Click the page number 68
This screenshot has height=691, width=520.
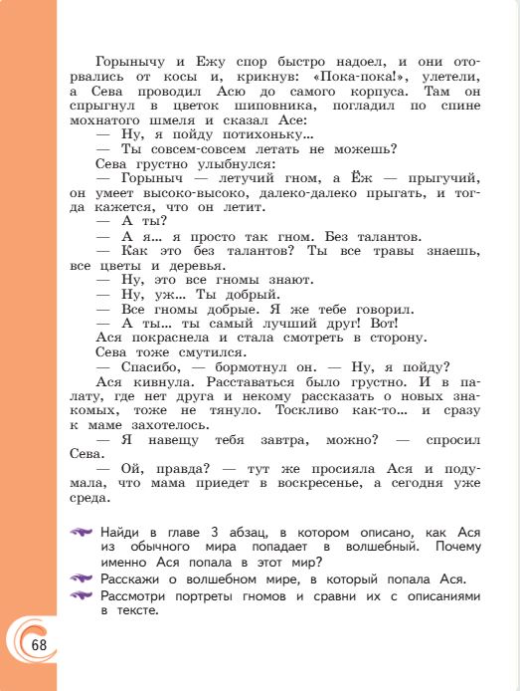(39, 643)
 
